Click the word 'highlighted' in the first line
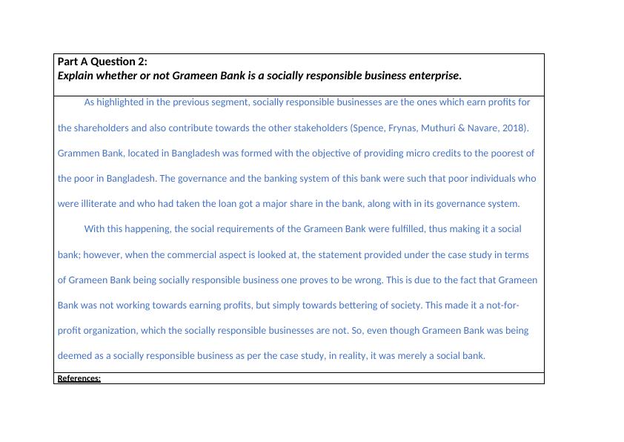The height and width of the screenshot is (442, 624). pyautogui.click(x=121, y=102)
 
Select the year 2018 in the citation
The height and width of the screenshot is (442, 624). pyautogui.click(x=514, y=128)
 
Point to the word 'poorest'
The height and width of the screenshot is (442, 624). pyautogui.click(x=509, y=154)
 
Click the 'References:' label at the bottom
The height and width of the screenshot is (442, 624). pyautogui.click(x=79, y=378)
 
